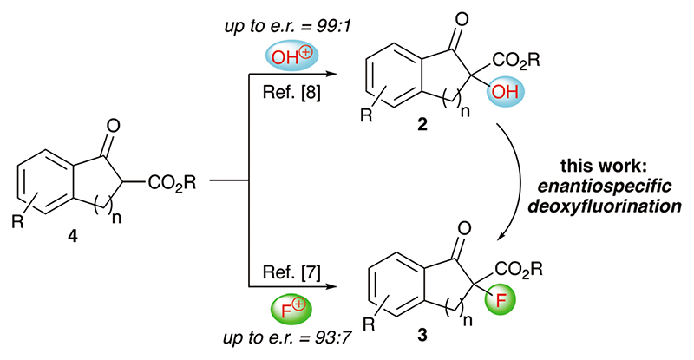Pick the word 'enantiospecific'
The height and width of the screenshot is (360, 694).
[x=614, y=189]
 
